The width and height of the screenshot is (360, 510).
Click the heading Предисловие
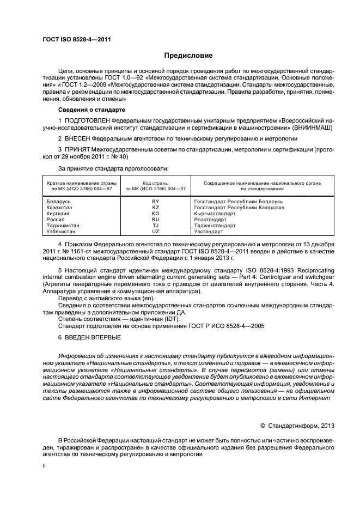click(x=188, y=56)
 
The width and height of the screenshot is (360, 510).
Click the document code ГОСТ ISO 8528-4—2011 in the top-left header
click(x=76, y=39)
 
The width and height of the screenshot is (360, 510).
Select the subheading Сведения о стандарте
click(x=88, y=110)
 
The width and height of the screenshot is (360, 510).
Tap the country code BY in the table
click(x=156, y=202)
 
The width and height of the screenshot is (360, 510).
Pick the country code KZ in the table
click(x=156, y=208)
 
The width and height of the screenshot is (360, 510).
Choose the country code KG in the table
click(x=156, y=214)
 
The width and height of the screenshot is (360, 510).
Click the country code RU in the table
click(x=156, y=220)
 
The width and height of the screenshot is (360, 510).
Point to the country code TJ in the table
click(x=156, y=226)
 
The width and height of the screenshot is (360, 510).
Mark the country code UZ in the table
click(x=156, y=232)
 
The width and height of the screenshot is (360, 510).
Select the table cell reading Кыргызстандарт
click(x=215, y=214)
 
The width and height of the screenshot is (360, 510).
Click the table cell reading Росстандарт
click(x=209, y=220)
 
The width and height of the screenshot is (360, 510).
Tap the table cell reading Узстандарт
click(x=208, y=232)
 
